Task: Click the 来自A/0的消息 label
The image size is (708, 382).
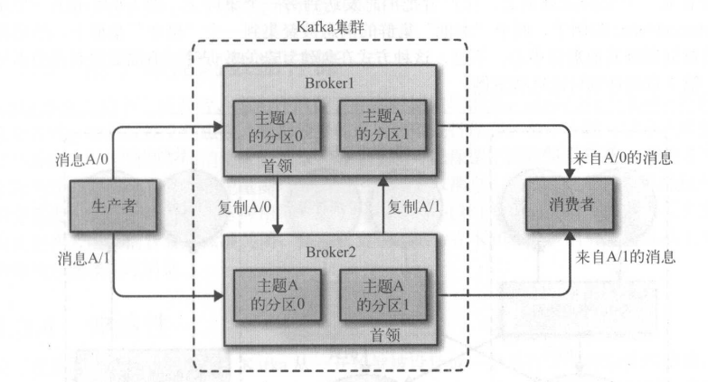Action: (x=624, y=158)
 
